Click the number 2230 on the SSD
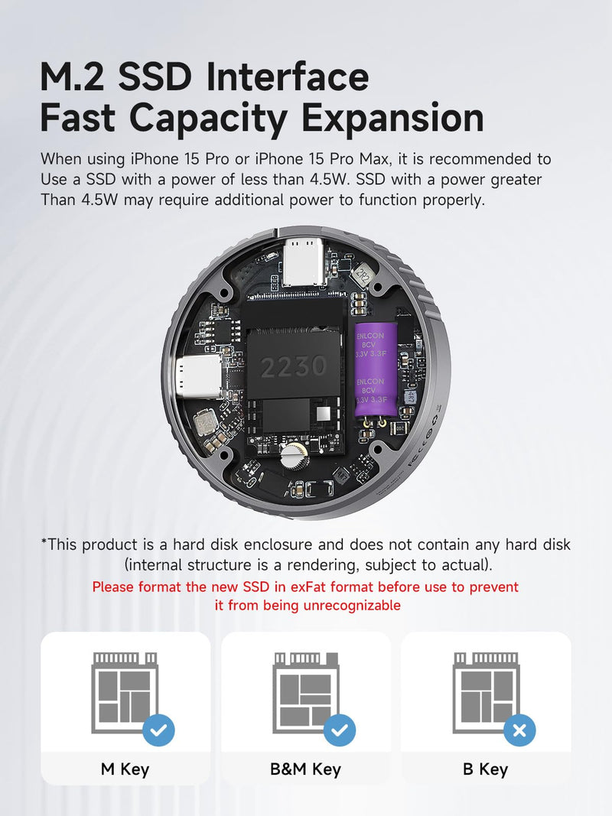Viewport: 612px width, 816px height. click(x=294, y=367)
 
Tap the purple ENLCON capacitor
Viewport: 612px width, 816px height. click(x=376, y=369)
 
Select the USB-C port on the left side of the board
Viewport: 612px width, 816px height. click(x=201, y=377)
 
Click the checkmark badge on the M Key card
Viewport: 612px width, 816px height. click(x=158, y=730)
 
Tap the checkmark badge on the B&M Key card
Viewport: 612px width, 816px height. click(x=340, y=730)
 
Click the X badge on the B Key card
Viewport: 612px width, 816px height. click(x=519, y=730)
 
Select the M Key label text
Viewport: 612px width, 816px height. click(x=125, y=769)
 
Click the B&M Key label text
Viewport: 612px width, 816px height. click(x=305, y=769)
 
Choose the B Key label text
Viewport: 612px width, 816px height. click(x=486, y=769)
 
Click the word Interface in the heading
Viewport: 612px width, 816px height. click(x=288, y=76)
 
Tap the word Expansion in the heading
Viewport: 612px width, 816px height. click(x=393, y=119)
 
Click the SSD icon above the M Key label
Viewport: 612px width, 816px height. click(x=125, y=692)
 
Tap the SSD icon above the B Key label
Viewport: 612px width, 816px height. click(x=486, y=692)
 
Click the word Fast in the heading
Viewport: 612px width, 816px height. click(x=77, y=118)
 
